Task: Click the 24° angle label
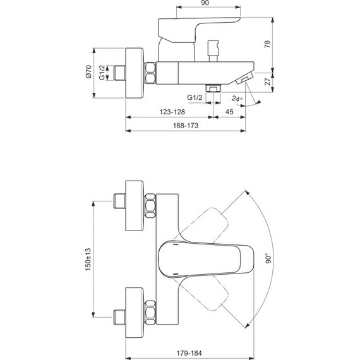(236, 99)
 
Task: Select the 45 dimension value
(229, 111)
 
